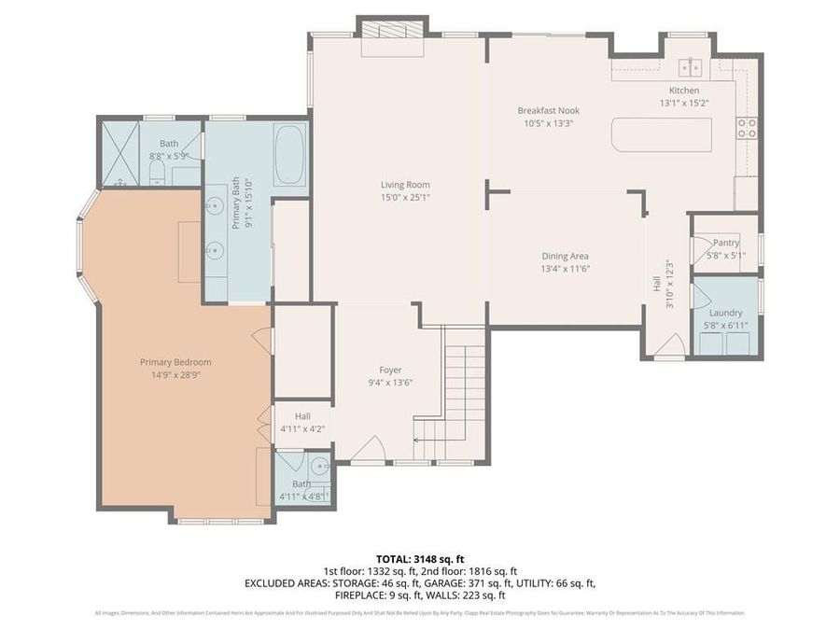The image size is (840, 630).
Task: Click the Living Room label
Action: pyautogui.click(x=405, y=185)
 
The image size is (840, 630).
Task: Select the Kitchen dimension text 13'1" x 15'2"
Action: pyautogui.click(x=684, y=104)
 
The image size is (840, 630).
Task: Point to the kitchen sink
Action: pyautogui.click(x=691, y=67)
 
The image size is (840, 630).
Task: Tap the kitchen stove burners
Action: pyautogui.click(x=747, y=128)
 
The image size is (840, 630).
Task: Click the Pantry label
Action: pyautogui.click(x=725, y=243)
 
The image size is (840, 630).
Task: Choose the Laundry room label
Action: pyautogui.click(x=725, y=313)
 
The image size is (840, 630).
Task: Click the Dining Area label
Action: pyautogui.click(x=566, y=256)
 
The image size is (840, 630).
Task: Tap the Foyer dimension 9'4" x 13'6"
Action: pyautogui.click(x=389, y=383)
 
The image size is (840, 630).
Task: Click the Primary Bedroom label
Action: pyautogui.click(x=175, y=362)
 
